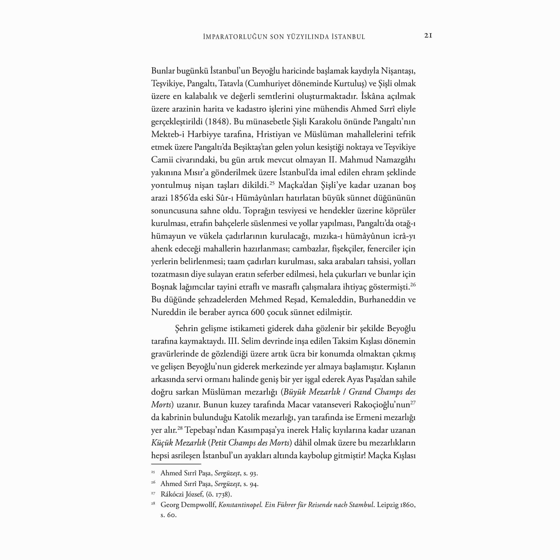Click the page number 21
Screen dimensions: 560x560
pos(428,36)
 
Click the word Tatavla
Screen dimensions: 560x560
pos(231,83)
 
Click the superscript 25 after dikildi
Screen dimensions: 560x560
pos(272,183)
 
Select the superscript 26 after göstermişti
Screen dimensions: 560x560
pos(413,285)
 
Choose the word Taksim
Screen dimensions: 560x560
pos(345,341)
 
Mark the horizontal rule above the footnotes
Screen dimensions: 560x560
pos(172,464)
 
